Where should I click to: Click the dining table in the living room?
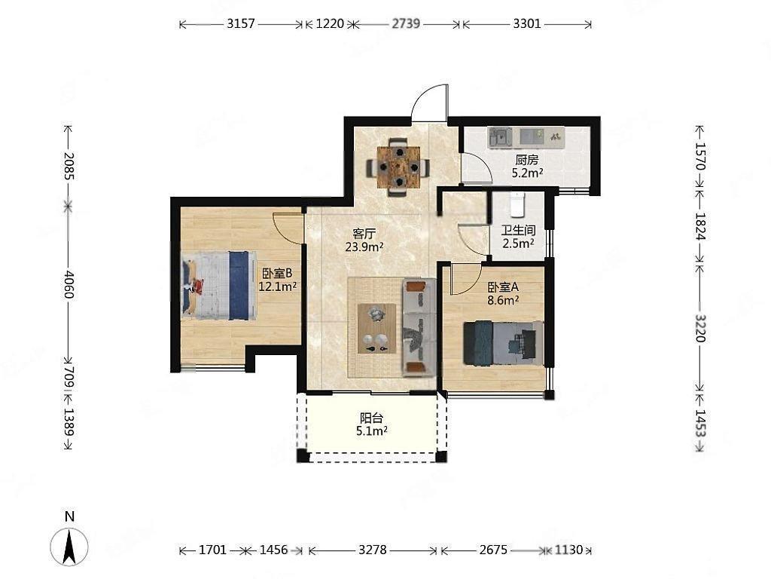(398, 167)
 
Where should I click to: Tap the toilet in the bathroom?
(517, 205)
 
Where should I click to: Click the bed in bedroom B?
(219, 285)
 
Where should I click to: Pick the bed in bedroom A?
(504, 343)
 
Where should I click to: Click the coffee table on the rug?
(376, 329)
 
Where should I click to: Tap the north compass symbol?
(69, 546)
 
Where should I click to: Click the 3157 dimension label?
(241, 23)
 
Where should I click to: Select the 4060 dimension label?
(68, 284)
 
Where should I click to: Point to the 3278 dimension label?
(372, 550)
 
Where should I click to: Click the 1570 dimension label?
(699, 156)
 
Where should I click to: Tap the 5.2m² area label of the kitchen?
(527, 173)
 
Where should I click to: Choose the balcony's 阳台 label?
(371, 418)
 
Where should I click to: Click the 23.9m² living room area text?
(364, 247)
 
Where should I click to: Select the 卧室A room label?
(503, 286)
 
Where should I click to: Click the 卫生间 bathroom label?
(518, 231)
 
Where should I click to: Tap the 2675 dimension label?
(493, 550)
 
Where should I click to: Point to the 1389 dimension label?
(68, 422)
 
